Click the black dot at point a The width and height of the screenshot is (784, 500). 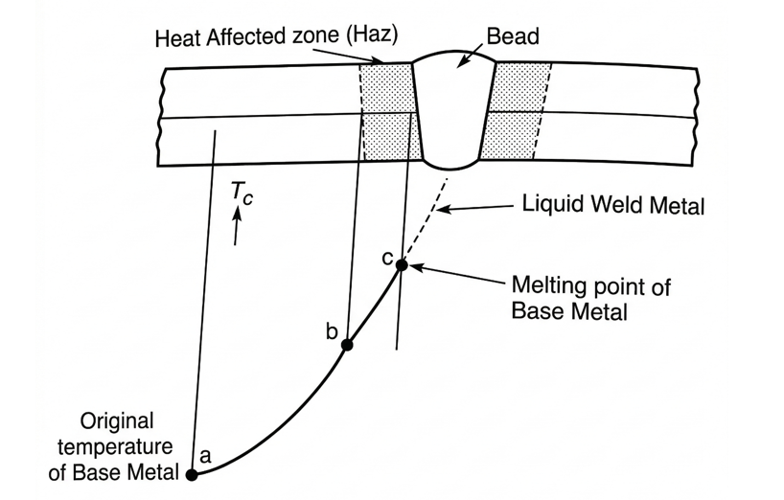pos(192,474)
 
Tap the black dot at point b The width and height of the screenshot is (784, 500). pos(347,345)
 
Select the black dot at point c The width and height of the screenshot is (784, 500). pos(402,265)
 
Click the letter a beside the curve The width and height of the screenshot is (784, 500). pos(205,456)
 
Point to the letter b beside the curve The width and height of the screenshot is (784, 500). pos(332,330)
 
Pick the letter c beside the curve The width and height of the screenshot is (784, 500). pos(386,259)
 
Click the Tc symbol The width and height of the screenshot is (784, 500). pos(242,193)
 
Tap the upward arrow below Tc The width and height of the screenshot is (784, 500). pos(237,226)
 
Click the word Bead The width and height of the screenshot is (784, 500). pos(513,36)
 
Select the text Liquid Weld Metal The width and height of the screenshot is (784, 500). pos(613,205)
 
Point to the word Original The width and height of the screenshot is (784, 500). pos(117,422)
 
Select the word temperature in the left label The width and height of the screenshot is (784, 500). pos(115,446)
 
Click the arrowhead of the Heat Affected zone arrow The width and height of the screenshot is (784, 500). pos(377,60)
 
